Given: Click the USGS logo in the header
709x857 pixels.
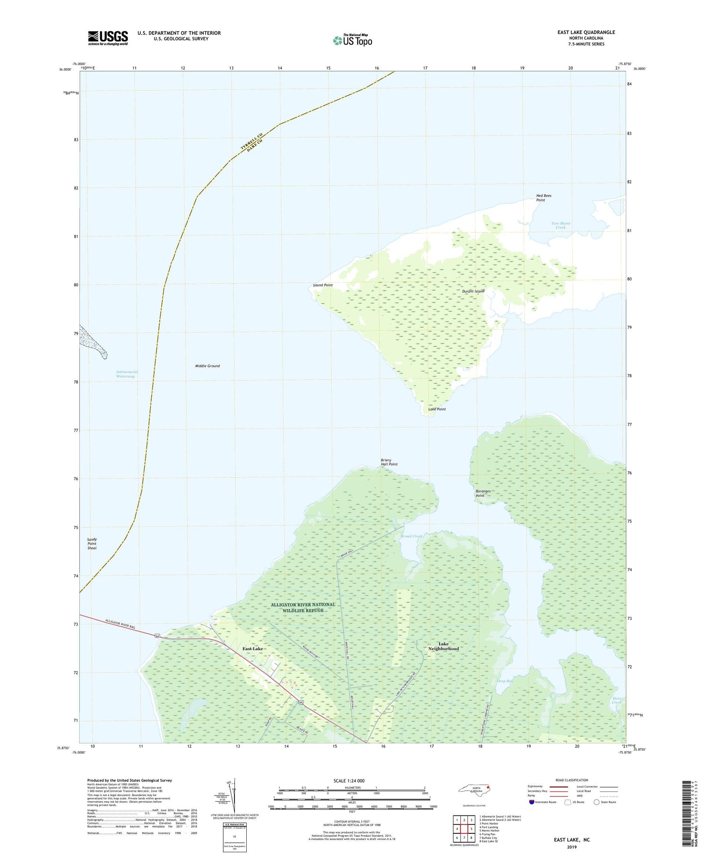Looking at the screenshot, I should tap(108, 38).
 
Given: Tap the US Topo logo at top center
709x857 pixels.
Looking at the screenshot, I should tap(352, 41).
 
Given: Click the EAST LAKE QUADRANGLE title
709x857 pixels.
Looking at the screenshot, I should tap(586, 32).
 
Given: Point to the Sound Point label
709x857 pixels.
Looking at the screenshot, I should tap(323, 285).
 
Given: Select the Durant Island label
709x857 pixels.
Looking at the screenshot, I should tap(473, 291).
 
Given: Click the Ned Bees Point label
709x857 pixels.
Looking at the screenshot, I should tap(544, 198).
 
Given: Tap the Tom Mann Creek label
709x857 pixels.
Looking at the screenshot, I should tap(561, 225).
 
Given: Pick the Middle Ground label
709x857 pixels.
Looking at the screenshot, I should tap(208, 366).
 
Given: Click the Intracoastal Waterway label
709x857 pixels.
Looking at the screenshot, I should tap(127, 374).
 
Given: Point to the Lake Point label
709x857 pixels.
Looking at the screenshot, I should tap(437, 409).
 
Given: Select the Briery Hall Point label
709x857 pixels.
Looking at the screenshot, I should tap(389, 462).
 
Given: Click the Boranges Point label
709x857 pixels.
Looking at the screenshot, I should tap(483, 493).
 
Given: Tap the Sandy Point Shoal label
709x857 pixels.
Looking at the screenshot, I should tap(92, 544).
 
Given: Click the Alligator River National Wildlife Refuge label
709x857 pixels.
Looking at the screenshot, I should tap(303, 607).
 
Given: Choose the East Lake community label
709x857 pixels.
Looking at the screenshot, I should tap(252, 649).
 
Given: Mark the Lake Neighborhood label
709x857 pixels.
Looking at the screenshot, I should tap(443, 646).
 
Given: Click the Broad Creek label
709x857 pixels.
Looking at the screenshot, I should tap(411, 536).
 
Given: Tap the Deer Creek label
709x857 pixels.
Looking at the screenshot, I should tap(617, 700).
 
